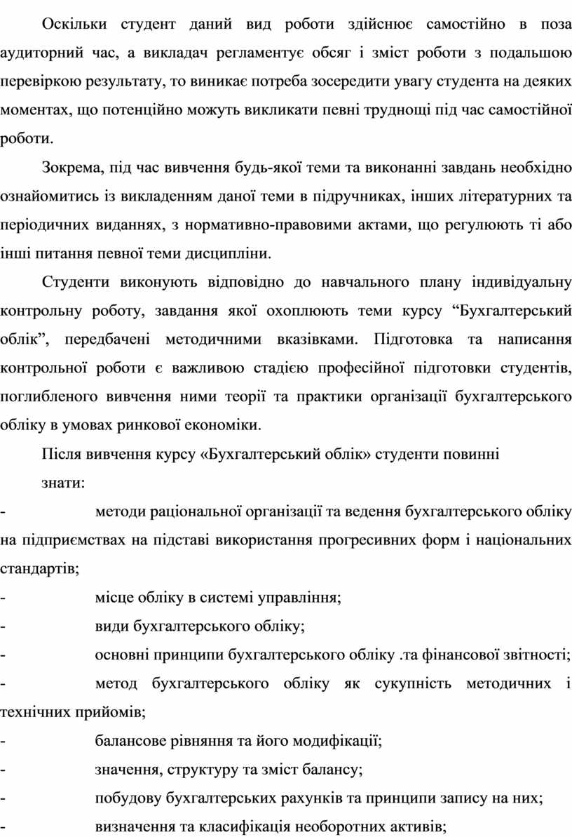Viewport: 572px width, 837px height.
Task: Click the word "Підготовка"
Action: pyautogui.click(x=413, y=340)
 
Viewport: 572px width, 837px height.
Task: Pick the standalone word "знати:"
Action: pyautogui.click(x=64, y=483)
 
